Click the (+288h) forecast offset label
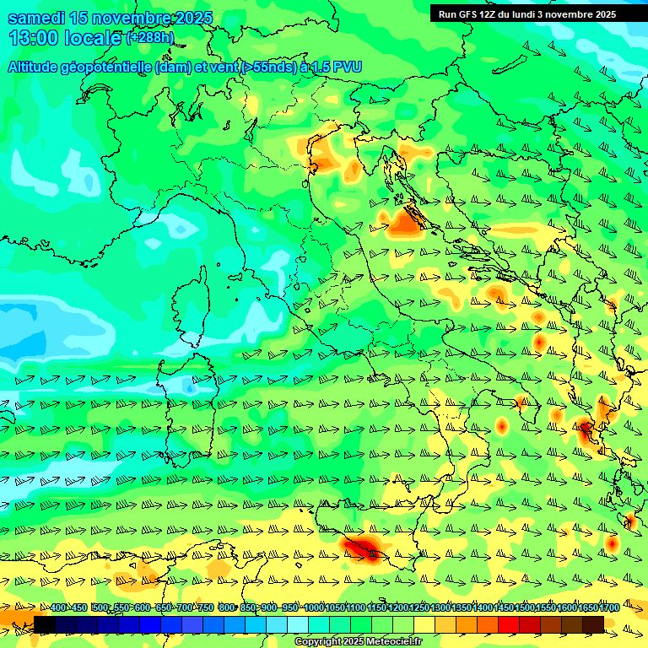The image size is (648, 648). click(150, 38)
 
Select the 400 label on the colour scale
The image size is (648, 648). click(58, 608)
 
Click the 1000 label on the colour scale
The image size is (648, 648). click(314, 608)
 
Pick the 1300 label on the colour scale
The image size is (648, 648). click(440, 608)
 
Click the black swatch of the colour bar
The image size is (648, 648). click(45, 624)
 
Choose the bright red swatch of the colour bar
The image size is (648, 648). click(509, 624)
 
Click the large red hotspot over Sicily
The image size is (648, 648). click(363, 548)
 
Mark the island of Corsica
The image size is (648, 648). click(192, 304)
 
